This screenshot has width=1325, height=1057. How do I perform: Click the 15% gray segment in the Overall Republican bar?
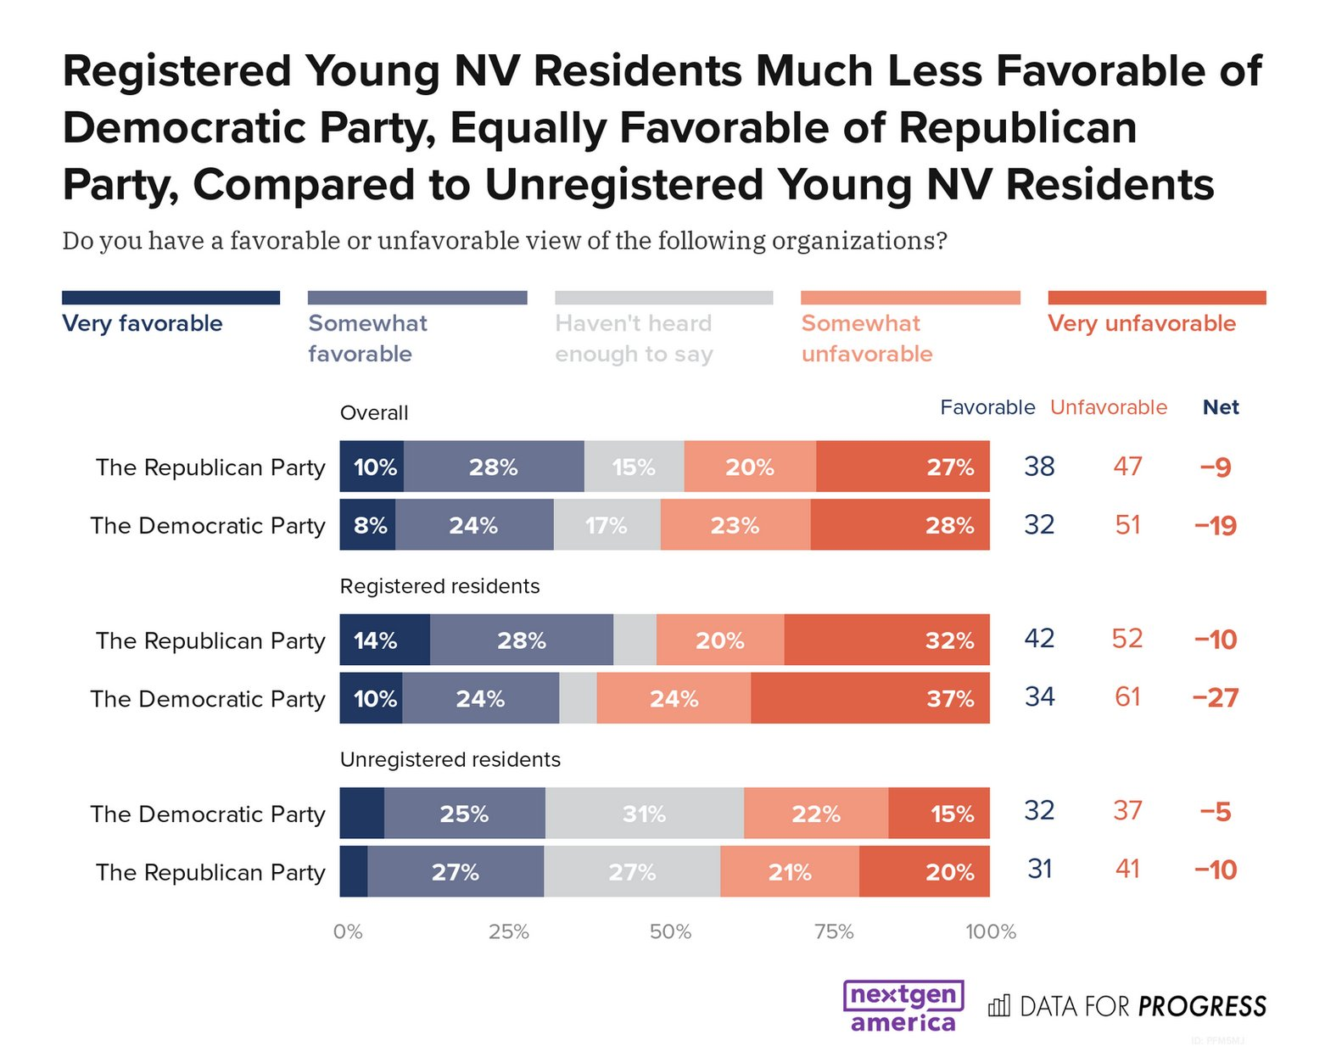(x=634, y=467)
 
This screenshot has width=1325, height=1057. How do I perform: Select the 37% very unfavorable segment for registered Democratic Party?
(x=870, y=698)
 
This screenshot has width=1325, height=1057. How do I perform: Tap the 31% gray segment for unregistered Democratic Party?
(x=644, y=813)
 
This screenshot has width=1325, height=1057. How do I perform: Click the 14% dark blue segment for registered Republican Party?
(x=385, y=640)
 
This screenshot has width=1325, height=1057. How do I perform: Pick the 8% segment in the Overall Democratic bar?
(x=367, y=524)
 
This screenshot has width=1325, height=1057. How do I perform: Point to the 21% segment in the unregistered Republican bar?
(x=790, y=871)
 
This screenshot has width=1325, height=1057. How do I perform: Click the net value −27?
(x=1216, y=698)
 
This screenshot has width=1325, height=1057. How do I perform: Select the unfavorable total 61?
(x=1127, y=696)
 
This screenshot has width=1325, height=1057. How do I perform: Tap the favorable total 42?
(x=1039, y=638)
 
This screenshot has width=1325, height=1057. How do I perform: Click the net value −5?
(x=1216, y=812)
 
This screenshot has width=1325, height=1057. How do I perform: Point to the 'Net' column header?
(x=1221, y=407)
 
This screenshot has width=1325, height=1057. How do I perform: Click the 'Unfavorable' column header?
(x=1109, y=407)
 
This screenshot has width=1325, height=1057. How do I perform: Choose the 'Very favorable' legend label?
(x=143, y=323)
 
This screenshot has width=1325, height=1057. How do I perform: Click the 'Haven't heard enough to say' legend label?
(x=634, y=338)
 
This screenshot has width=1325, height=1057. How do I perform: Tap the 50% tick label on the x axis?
(x=670, y=932)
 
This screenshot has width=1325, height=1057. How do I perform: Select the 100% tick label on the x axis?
(x=990, y=932)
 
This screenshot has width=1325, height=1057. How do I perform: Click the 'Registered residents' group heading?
(x=439, y=586)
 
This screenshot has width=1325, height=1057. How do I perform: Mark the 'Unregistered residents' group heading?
(x=450, y=759)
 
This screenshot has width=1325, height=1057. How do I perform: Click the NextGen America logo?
(x=903, y=1006)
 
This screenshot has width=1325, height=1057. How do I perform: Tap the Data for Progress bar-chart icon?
(x=998, y=1005)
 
